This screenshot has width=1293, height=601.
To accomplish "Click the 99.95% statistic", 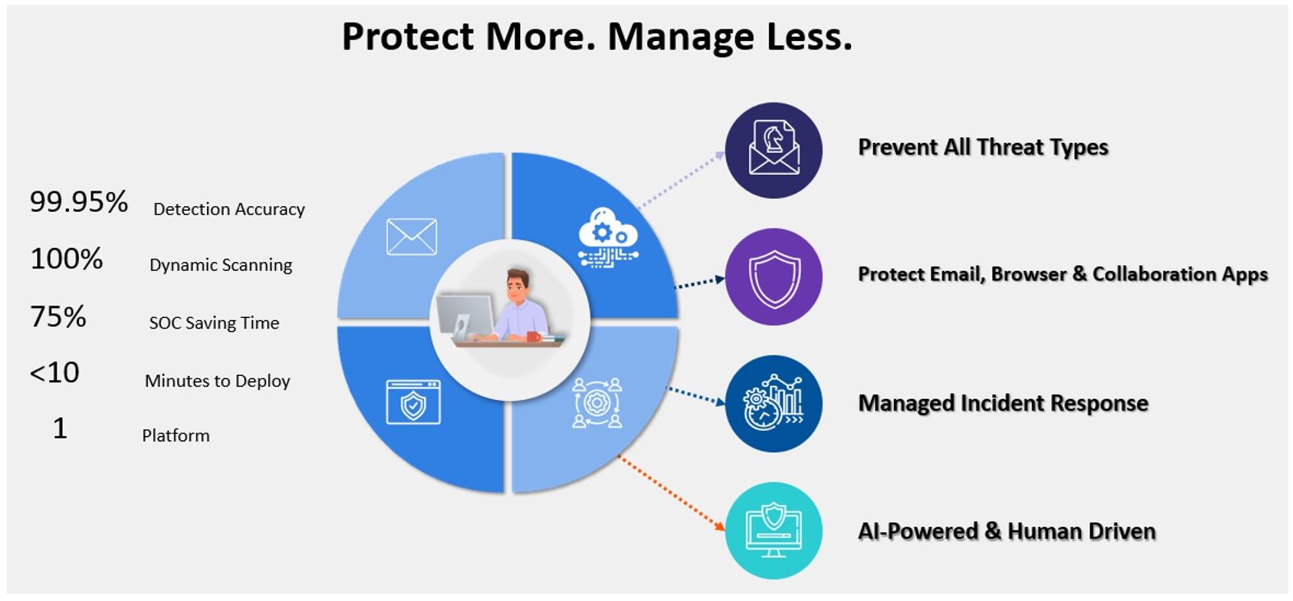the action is coord(79,202).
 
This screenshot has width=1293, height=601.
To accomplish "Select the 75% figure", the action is coord(58,317).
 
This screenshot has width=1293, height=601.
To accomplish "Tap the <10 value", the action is coord(54,373).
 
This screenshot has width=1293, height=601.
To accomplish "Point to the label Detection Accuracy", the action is coord(229,209).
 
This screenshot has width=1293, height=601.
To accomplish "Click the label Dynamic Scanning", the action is coord(221,265).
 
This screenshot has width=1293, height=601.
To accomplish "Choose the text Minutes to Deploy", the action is coord(218,381).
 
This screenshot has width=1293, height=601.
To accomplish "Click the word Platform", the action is coord(176,435).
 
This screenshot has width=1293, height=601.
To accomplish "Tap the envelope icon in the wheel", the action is coord(412,236).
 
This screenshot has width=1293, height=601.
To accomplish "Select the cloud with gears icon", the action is coord(609,237).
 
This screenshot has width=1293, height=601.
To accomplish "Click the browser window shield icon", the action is coord(413,402).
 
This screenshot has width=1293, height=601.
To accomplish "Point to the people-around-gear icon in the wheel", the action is coord(597,402).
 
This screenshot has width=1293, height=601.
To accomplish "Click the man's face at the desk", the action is coord(518,286).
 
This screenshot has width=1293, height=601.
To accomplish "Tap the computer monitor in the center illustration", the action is coord(465,317).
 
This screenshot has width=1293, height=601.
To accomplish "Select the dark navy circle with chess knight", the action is coord(774,150).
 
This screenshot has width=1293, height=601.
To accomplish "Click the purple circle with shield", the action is coord(774,277).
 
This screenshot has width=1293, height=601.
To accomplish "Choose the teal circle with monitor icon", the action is coord(774,530).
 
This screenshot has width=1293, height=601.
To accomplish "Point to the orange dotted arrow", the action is coord(671,493).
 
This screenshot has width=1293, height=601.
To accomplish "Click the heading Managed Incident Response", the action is coord(1003,403).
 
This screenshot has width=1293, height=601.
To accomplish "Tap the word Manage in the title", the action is coord(681,37).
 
